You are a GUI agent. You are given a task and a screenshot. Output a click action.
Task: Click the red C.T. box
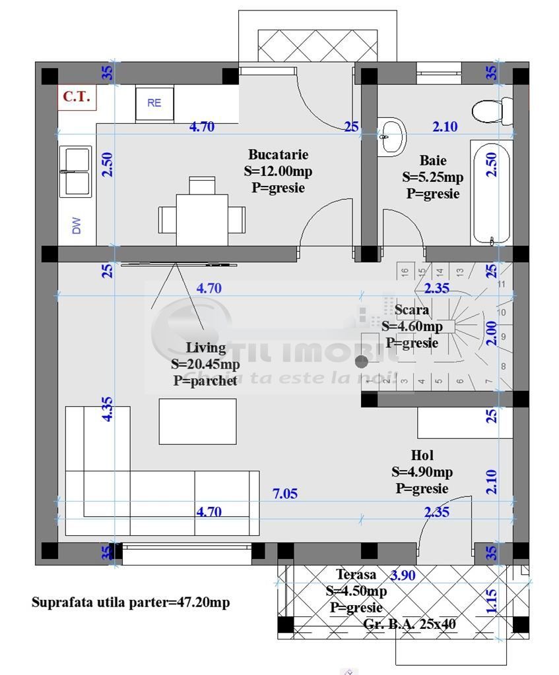point(77,96)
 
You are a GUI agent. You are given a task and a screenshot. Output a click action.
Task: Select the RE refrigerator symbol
point(154,103)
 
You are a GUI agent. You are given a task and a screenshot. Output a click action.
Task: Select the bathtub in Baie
point(490,193)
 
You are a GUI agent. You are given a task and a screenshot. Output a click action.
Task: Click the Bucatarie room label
point(278,155)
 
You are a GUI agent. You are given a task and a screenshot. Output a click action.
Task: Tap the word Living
point(205,348)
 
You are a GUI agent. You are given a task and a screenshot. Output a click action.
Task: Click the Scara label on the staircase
point(412,309)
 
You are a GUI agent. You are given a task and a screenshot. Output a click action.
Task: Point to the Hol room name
point(422,455)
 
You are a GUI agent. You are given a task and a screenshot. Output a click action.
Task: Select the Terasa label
point(356,575)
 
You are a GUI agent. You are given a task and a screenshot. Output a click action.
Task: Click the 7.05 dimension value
point(285,494)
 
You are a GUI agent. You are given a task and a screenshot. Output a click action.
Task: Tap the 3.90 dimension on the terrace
point(403,575)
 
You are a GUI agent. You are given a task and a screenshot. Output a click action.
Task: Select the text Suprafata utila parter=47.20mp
point(131,602)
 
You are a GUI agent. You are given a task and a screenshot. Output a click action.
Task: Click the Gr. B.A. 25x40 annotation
point(409,624)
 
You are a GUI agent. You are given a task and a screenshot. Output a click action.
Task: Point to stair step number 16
point(405,270)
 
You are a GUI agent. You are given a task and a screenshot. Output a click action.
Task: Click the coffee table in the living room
point(197,421)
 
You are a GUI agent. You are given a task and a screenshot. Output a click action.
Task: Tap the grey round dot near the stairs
point(362,361)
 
